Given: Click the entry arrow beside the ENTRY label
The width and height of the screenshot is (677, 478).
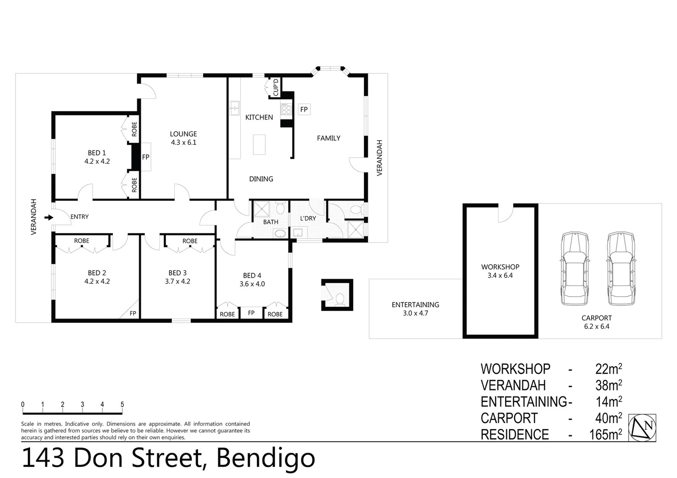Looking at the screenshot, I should [x=49, y=217].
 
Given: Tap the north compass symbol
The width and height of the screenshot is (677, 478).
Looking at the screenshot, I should [x=642, y=428].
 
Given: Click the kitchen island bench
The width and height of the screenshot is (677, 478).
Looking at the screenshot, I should [x=259, y=145].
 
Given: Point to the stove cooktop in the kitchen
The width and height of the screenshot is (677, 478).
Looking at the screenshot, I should [x=286, y=109].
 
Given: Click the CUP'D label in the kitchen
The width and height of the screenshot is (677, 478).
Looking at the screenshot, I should [x=276, y=87].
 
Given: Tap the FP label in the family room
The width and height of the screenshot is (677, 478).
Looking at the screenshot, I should [x=304, y=109].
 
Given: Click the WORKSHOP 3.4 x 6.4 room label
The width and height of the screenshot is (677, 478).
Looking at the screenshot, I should [x=500, y=271].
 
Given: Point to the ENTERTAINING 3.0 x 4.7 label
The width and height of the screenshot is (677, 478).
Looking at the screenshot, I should [x=415, y=309].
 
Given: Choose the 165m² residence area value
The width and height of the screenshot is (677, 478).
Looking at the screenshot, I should [x=605, y=435].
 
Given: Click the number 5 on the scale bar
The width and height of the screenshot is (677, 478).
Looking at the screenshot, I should [x=122, y=405].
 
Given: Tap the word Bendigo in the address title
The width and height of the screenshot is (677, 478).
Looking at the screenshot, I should [x=265, y=458].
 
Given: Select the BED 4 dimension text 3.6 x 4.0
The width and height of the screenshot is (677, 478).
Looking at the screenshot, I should [x=252, y=284].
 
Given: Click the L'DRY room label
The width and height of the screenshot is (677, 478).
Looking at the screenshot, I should [x=308, y=218].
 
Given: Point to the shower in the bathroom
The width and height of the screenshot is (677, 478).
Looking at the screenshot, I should [x=261, y=209].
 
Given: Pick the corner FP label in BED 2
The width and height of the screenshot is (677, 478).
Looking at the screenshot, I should [x=132, y=313].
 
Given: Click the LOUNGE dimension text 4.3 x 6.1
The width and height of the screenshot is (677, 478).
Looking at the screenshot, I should [x=183, y=143].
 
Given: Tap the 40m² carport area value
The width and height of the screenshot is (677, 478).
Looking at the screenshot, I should [x=608, y=418].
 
